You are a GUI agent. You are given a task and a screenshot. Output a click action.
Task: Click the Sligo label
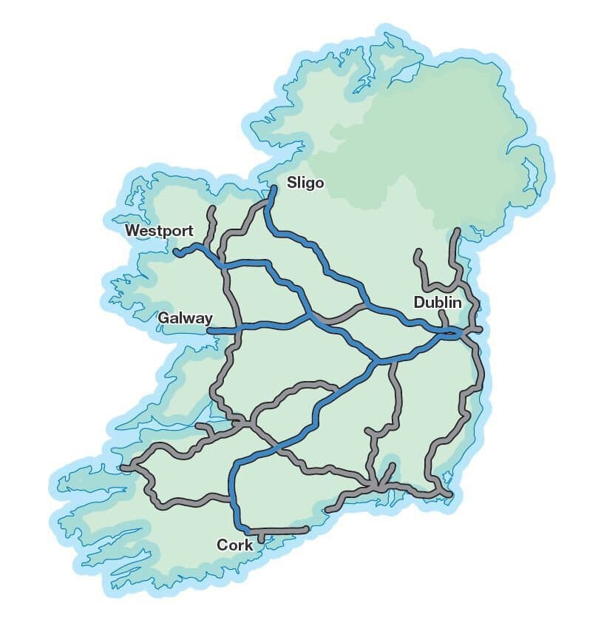point(305,183)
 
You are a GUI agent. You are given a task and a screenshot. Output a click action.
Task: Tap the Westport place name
point(159,231)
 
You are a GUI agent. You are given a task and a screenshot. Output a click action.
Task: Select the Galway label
point(186,317)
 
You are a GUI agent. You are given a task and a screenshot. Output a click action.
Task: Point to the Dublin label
point(438,303)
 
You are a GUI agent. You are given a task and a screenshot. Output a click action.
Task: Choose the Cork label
point(234,545)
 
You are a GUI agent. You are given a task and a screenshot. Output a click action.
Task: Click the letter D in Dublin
point(418,303)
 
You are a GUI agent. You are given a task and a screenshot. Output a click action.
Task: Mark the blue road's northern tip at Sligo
point(274,189)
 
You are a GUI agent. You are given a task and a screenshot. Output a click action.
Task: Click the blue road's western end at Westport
point(177,253)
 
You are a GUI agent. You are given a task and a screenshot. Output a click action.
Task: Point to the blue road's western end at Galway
point(210,330)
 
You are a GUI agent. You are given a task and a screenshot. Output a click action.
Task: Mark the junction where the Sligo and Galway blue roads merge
point(311,317)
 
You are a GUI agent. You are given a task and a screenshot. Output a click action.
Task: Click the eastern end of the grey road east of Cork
point(305,529)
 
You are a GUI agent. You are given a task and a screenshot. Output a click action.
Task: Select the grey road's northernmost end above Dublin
point(458,232)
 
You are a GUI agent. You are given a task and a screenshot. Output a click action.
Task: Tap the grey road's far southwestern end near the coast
point(124,468)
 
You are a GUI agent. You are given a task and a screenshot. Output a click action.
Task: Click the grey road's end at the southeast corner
point(449,494)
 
